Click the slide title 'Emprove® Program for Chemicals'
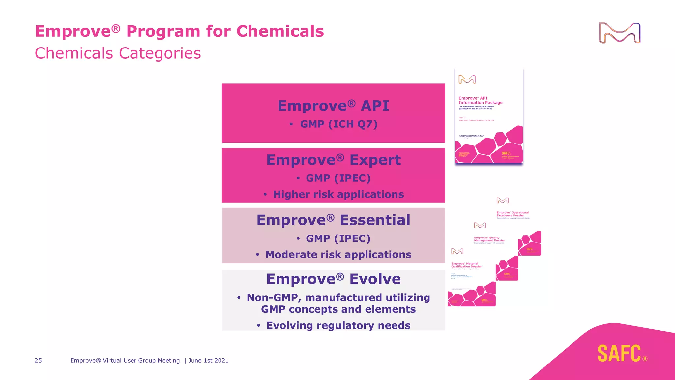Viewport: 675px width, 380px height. (179, 31)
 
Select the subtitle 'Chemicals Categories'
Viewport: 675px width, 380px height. (118, 53)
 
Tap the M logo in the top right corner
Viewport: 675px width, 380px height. (619, 33)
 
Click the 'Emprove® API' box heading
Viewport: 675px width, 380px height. (333, 106)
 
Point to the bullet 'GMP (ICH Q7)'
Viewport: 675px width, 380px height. (338, 124)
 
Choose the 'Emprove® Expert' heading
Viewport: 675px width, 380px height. (333, 160)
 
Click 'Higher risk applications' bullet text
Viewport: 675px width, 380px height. (338, 194)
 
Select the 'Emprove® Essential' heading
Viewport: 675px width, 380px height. (333, 220)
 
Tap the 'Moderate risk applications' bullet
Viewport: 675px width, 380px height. (338, 255)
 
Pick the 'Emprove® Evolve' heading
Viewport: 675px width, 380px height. (333, 279)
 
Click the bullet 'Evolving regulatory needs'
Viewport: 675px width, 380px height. (338, 326)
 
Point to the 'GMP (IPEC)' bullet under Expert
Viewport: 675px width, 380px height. (338, 178)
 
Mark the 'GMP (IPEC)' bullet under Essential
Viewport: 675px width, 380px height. (338, 238)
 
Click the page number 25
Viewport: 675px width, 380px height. (38, 361)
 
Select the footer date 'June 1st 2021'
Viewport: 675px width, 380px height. (208, 361)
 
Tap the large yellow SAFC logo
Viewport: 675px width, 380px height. (619, 353)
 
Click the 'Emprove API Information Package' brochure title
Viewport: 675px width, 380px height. (480, 100)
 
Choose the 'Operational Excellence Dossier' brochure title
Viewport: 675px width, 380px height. (513, 214)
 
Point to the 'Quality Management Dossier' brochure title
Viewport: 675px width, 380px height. (489, 239)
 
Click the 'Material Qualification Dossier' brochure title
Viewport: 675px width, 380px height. (466, 265)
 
